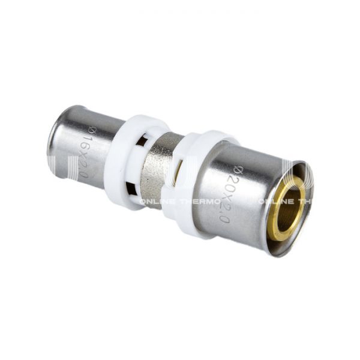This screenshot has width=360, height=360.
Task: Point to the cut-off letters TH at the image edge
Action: coord(305,202)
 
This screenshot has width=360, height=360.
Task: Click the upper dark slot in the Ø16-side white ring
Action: coord(142,142)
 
